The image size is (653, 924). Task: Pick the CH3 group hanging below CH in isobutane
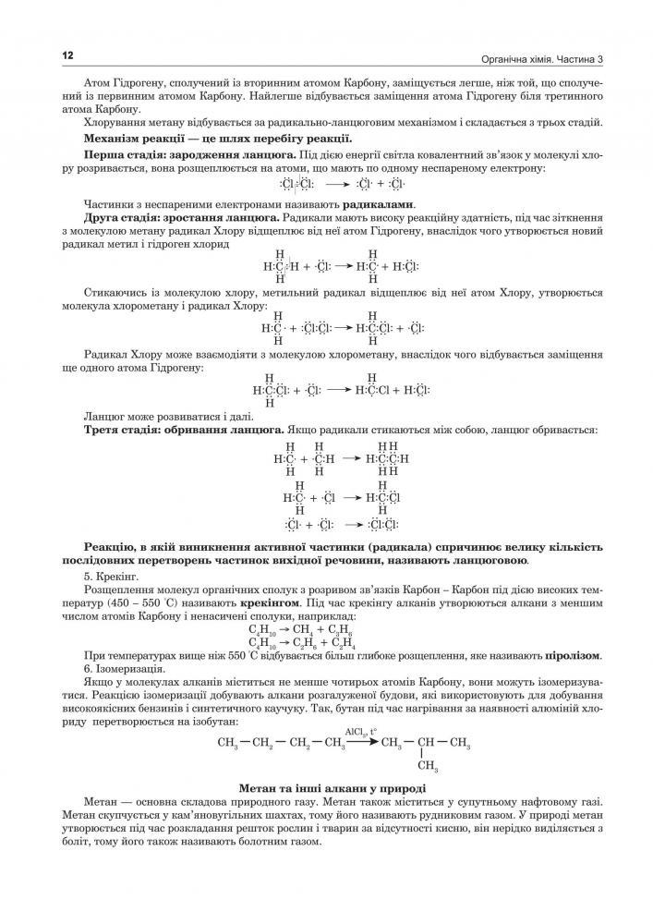[427, 765]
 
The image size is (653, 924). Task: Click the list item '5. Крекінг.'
[110, 575]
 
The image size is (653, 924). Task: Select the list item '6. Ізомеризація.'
[123, 668]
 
